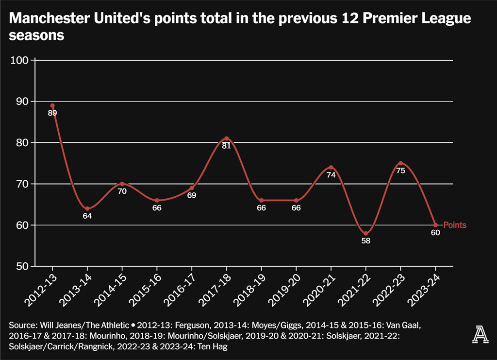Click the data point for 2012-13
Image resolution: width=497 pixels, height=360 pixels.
pyautogui.click(x=52, y=105)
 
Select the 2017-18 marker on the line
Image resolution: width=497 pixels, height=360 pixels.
pyautogui.click(x=227, y=138)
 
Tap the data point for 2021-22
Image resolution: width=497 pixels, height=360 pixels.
pyautogui.click(x=366, y=233)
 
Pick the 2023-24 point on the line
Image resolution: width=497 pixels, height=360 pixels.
pyautogui.click(x=435, y=225)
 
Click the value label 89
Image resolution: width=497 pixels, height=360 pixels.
pyautogui.click(x=52, y=113)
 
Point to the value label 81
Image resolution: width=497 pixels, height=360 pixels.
pyautogui.click(x=227, y=146)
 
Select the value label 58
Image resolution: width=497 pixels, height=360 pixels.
pyautogui.click(x=366, y=241)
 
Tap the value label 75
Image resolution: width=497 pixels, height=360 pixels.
pyautogui.click(x=401, y=171)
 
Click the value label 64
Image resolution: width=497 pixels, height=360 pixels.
pyautogui.click(x=87, y=216)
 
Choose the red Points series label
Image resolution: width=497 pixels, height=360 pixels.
pyautogui.click(x=455, y=225)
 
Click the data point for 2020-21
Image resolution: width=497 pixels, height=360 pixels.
pyautogui.click(x=331, y=167)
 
